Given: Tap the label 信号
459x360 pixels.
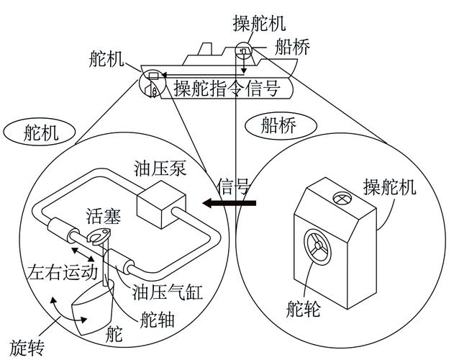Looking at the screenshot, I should point(233,187).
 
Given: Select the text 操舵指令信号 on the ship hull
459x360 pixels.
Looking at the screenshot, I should point(229,89).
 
